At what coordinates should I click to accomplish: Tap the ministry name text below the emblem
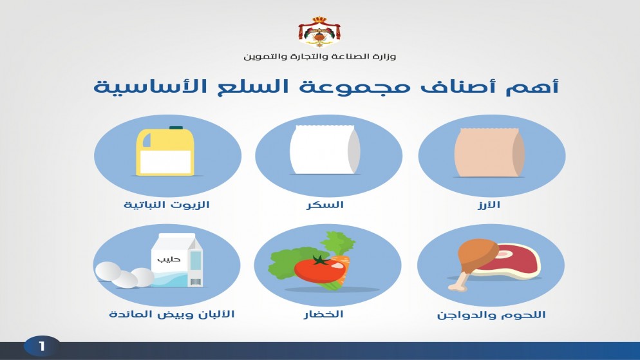[x=319, y=56]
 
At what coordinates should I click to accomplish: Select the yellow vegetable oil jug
[x=165, y=151]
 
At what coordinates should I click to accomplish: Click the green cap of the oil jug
[x=176, y=128]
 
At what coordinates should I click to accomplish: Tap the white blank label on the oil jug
[x=165, y=162]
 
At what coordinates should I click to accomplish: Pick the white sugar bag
[x=325, y=149]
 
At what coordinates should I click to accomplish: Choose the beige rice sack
[x=489, y=153]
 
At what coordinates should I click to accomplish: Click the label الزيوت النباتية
[x=167, y=205]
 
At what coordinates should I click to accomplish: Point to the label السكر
[x=325, y=205]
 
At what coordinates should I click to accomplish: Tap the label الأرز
[x=489, y=205]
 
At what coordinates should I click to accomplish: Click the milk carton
[x=176, y=260]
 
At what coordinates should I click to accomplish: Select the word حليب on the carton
[x=169, y=259]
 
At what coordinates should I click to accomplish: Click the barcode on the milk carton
[x=196, y=281]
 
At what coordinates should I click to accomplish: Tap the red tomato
[x=319, y=269]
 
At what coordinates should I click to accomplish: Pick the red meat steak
[x=513, y=260]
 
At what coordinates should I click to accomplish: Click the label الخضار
[x=324, y=314]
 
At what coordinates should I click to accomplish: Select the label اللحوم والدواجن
[x=491, y=315]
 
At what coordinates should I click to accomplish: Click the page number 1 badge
[x=42, y=346]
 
